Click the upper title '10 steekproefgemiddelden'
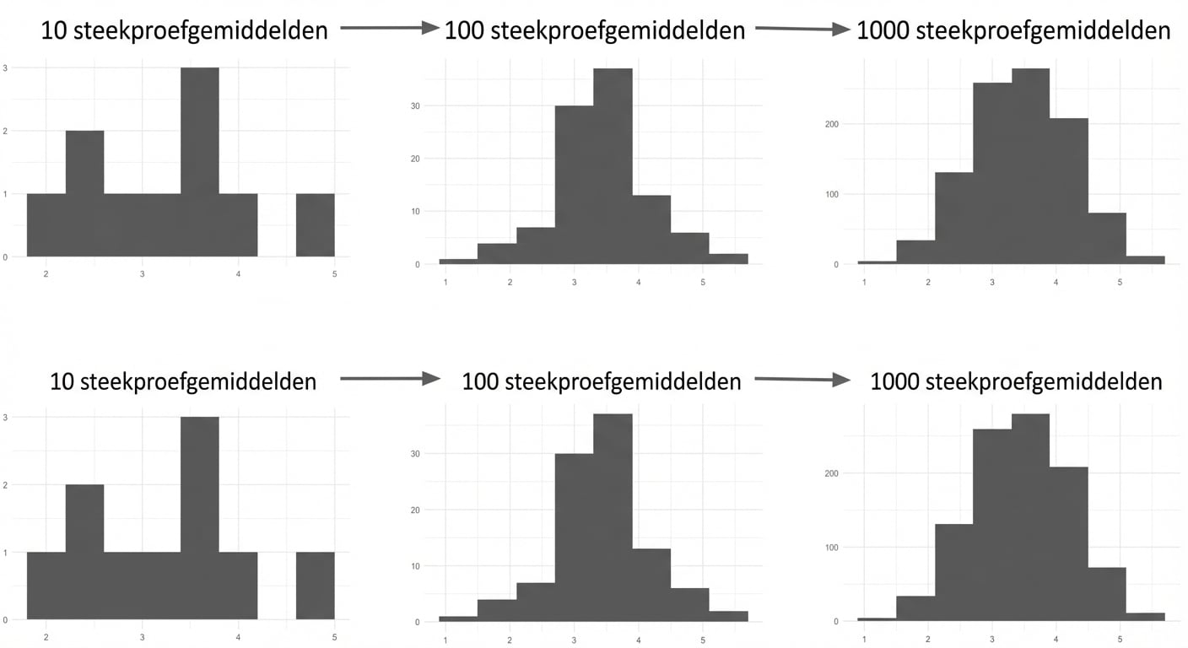184,31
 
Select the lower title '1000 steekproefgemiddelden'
1016,381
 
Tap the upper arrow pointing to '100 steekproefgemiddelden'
390,29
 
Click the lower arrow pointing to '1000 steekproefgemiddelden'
802,380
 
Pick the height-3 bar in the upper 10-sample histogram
200,160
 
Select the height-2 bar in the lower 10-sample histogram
84,548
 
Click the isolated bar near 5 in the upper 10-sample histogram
316,225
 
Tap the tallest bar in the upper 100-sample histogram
613,165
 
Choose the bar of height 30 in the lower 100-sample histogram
574,536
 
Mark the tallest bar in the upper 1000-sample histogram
1030,165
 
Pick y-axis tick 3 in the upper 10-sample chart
6,67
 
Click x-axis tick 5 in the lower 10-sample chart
335,637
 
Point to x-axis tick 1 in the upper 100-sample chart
445,281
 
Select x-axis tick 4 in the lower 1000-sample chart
1056,639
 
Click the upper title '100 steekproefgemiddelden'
595,31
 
